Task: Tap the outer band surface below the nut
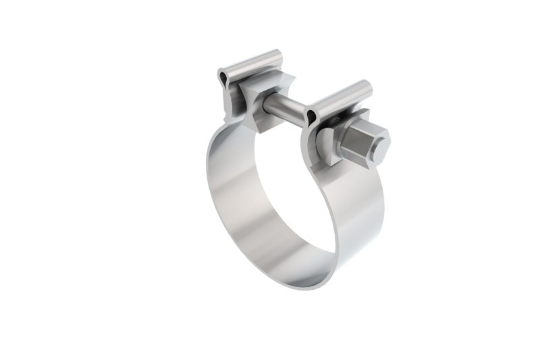(358, 216)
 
